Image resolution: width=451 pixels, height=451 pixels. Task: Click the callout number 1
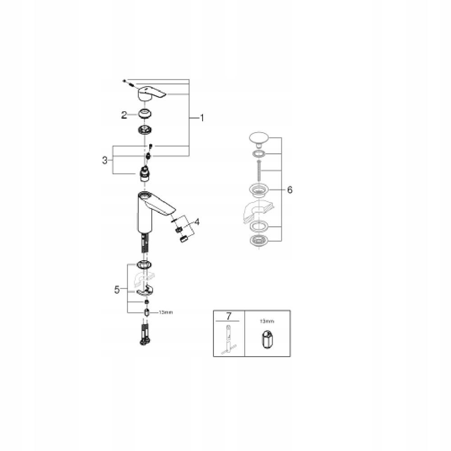pos(202,118)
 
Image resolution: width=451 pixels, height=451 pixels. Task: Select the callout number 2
pos(124,115)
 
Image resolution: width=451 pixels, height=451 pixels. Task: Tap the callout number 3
pos(105,160)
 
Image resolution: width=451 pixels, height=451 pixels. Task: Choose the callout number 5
pos(117,290)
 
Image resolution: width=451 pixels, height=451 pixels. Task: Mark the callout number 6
pos(289,190)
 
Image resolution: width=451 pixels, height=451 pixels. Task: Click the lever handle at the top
pos(151,93)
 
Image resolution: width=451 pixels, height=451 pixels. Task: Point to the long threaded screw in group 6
pos(258,170)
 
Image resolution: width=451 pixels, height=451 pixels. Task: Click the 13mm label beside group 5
pos(165,312)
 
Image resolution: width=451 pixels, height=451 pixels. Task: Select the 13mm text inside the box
pos(267,321)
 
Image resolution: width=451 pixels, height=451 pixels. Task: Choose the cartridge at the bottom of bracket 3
pos(145,174)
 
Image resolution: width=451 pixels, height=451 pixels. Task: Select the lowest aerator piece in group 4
pos(183,239)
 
